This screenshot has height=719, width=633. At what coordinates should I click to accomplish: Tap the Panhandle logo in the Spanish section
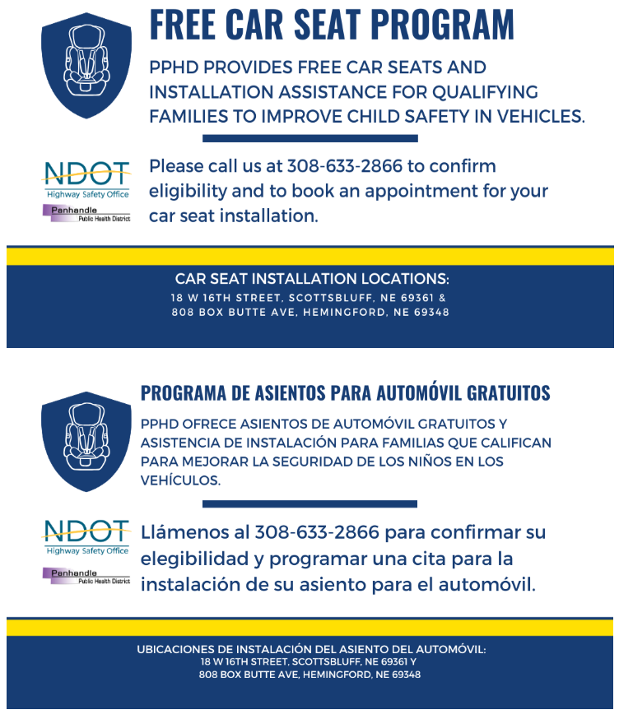click(86, 576)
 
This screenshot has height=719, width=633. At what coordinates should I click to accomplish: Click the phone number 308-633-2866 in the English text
click(345, 166)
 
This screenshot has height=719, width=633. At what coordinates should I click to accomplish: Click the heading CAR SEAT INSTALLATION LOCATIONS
click(312, 279)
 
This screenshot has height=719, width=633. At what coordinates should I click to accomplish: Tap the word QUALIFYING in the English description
click(481, 91)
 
